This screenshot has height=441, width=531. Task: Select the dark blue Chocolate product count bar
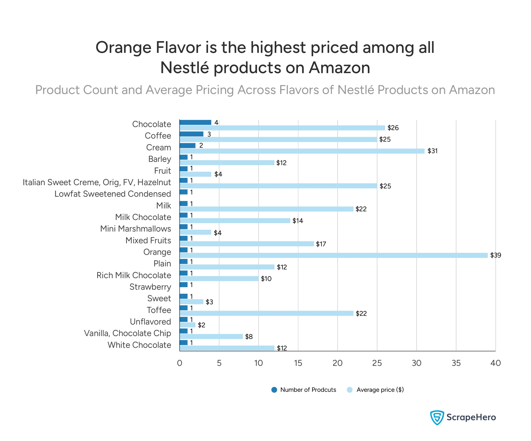[x=195, y=122]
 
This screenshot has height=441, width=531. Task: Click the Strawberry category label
[x=150, y=287]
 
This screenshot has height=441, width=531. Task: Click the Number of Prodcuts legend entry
[x=303, y=390]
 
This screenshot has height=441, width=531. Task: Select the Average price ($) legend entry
[x=375, y=390]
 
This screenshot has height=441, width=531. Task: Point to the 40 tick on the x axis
[x=495, y=363]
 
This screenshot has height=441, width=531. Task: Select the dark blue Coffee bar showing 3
[x=191, y=134]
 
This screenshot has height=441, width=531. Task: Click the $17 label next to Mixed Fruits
[x=321, y=244]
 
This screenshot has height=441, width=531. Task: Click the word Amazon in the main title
[x=339, y=68]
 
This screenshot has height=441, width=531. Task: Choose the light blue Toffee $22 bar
[x=266, y=313]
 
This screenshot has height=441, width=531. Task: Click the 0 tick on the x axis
[x=180, y=363]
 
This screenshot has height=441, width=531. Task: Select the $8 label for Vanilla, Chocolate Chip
[x=249, y=336]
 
